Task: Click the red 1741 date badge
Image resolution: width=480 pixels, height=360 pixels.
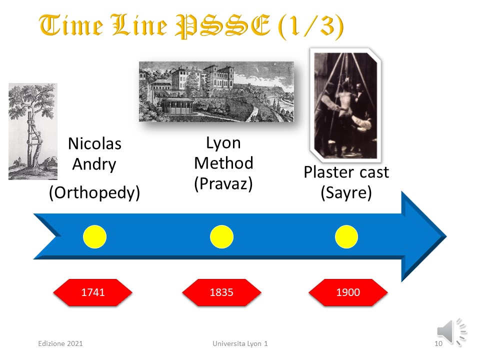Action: pyautogui.click(x=93, y=292)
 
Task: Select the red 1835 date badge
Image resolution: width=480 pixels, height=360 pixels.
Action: pyautogui.click(x=221, y=292)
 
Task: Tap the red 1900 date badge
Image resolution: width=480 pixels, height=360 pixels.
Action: pyautogui.click(x=348, y=292)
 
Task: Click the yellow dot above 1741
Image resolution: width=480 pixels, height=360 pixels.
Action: pyautogui.click(x=94, y=236)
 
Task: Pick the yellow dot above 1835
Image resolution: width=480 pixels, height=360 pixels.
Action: pyautogui.click(x=221, y=236)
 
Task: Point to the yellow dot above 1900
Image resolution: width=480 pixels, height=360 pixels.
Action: pyautogui.click(x=346, y=236)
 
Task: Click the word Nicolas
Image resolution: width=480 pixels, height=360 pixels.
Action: pyautogui.click(x=94, y=143)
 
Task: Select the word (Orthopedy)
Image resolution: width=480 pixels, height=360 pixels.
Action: pyautogui.click(x=94, y=193)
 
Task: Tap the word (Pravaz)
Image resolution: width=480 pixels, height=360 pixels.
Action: pyautogui.click(x=223, y=184)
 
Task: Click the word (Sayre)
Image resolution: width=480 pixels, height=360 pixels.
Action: pyautogui.click(x=346, y=193)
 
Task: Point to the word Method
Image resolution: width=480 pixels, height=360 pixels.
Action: pyautogui.click(x=223, y=163)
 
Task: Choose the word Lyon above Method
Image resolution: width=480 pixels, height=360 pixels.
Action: pyautogui.click(x=223, y=143)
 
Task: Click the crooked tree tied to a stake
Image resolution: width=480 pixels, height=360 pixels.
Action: pyautogui.click(x=33, y=131)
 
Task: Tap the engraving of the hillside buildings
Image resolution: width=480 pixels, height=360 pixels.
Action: pyautogui.click(x=216, y=91)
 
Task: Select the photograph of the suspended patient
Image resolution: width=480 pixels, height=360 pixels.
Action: pyautogui.click(x=345, y=105)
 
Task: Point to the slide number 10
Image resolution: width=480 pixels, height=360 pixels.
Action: pyautogui.click(x=438, y=343)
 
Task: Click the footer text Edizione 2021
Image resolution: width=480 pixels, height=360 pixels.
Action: pyautogui.click(x=60, y=343)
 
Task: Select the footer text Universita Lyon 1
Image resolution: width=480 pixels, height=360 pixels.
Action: pyautogui.click(x=240, y=343)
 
